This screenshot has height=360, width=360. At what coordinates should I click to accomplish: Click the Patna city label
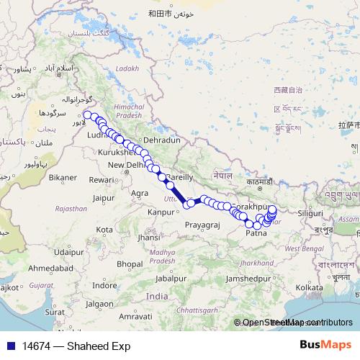pyautogui.click(x=256, y=233)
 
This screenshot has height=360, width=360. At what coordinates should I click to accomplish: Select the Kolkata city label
pyautogui.click(x=309, y=287)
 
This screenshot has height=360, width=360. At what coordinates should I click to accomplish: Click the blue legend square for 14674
pyautogui.click(x=12, y=346)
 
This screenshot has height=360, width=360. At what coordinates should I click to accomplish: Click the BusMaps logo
pyautogui.click(x=330, y=345)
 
